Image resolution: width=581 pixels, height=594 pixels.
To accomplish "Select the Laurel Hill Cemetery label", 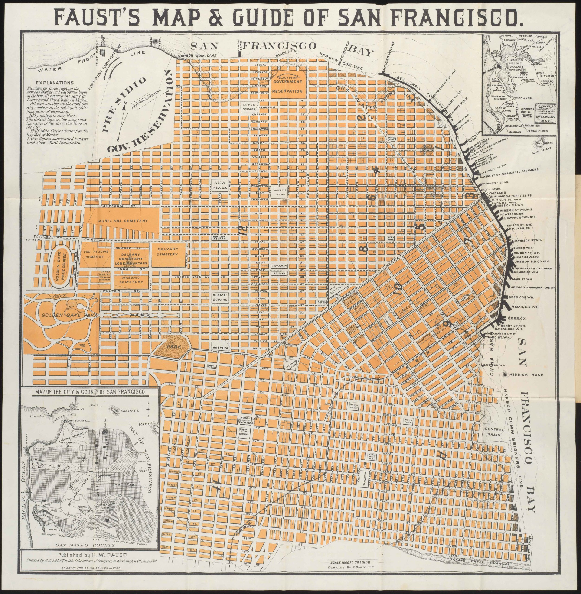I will click(x=123, y=221).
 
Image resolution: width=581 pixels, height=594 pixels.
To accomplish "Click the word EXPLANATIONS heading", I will click(x=55, y=83).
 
